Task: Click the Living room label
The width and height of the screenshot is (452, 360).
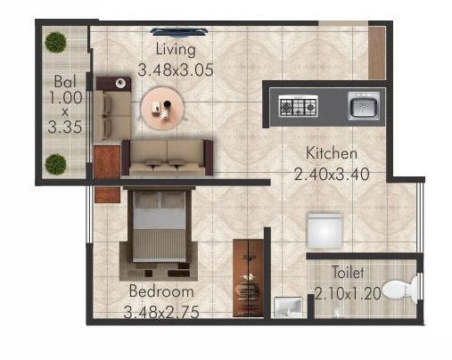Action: (x=176, y=49)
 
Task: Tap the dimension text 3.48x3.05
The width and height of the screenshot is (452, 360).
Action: (x=176, y=70)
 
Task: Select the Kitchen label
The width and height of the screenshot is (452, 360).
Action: (x=332, y=153)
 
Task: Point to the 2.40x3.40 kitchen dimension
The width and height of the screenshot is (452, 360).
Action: (x=332, y=174)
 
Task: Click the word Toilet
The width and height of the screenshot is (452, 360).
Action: (x=348, y=273)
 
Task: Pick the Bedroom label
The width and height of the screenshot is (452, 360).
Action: (x=161, y=291)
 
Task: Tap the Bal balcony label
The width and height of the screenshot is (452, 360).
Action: (x=65, y=82)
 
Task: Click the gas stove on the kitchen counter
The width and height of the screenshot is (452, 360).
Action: (x=298, y=106)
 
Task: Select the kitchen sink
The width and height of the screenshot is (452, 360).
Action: (x=364, y=106)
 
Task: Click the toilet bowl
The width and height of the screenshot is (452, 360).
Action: (x=400, y=289)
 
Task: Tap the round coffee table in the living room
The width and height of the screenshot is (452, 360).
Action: (x=162, y=108)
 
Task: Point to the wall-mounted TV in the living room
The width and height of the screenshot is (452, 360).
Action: (x=179, y=31)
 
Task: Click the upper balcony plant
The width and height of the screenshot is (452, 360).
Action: (x=55, y=42)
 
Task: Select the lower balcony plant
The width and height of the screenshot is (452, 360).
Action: (x=55, y=164)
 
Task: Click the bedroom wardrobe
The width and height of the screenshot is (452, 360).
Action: (x=248, y=278)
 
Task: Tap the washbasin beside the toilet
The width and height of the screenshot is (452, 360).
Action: (x=288, y=307)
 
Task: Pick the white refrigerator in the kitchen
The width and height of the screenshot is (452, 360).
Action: (x=325, y=230)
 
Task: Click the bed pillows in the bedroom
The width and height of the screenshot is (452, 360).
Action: (x=160, y=200)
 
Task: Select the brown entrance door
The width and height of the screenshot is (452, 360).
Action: (x=377, y=53)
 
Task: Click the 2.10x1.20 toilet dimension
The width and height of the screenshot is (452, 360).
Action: (x=348, y=294)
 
